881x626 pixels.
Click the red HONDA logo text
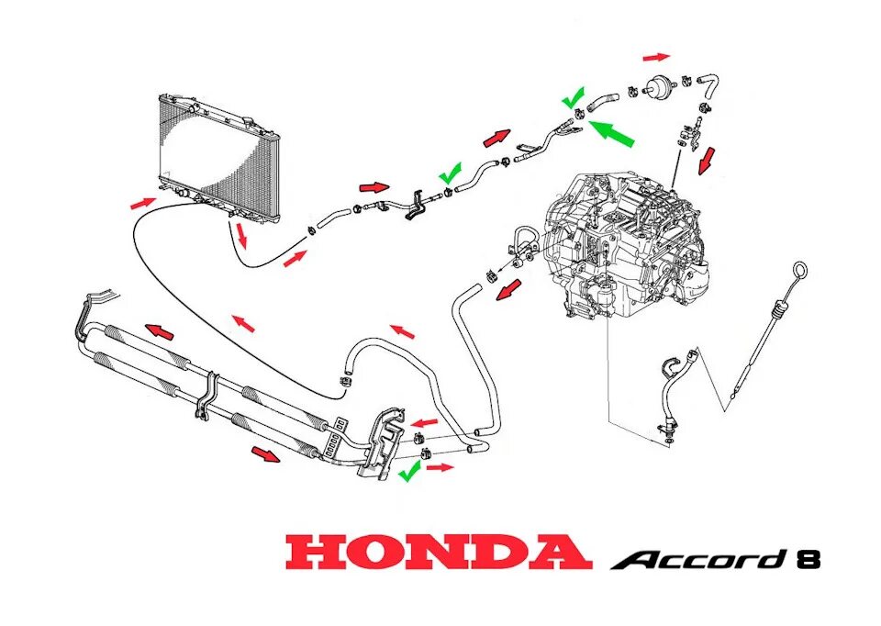(x=438, y=553)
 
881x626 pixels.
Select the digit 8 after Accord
(x=808, y=559)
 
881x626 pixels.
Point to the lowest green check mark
(x=409, y=471)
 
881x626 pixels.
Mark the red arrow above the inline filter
(x=656, y=56)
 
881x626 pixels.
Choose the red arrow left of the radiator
(x=141, y=201)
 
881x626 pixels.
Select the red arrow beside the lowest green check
(x=440, y=467)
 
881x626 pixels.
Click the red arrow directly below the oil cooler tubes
(x=266, y=455)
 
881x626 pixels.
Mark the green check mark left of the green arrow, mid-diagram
(x=450, y=173)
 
